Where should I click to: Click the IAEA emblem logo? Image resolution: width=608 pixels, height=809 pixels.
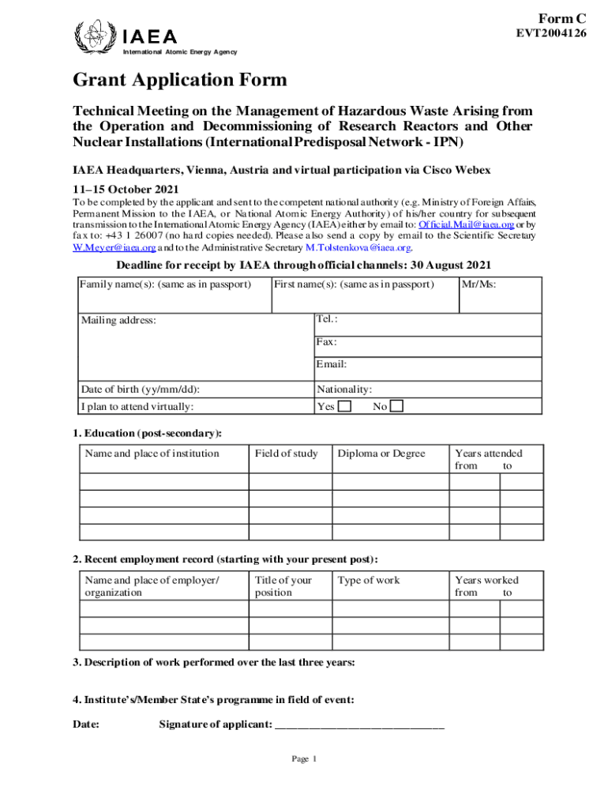[x=93, y=36]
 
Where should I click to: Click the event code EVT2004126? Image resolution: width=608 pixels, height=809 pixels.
[x=550, y=33]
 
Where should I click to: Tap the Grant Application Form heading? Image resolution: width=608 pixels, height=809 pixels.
[x=180, y=80]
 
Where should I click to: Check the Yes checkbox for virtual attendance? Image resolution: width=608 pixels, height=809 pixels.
[x=345, y=406]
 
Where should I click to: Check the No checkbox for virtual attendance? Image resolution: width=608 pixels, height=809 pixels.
[x=397, y=406]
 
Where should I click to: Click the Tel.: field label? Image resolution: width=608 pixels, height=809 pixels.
[x=327, y=318]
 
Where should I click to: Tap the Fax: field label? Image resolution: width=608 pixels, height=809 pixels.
[x=326, y=342]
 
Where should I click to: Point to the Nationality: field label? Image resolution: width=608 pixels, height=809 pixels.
[x=344, y=389]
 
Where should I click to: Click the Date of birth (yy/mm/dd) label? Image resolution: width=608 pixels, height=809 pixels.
[x=140, y=389]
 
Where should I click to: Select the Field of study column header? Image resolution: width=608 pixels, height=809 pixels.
[x=286, y=453]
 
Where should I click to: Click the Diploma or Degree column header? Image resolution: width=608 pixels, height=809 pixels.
[x=381, y=453]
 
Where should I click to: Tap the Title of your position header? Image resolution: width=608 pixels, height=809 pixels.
[x=283, y=585]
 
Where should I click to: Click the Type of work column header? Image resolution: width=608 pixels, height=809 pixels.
[x=369, y=580]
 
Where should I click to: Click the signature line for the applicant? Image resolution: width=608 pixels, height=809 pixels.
[x=358, y=724]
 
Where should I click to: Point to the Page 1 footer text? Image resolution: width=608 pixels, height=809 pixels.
[x=304, y=759]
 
